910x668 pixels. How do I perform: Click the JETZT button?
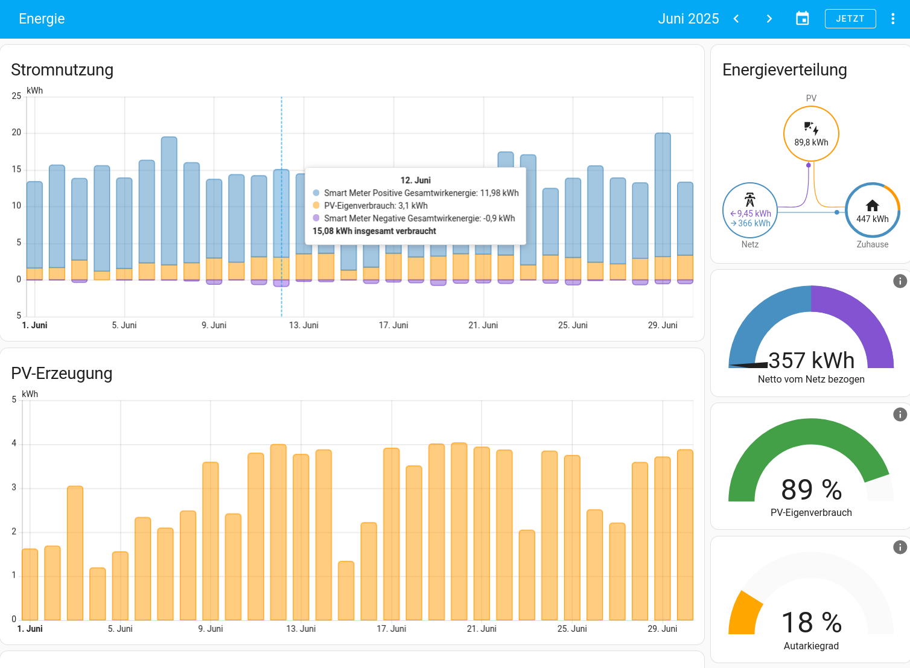click(x=850, y=19)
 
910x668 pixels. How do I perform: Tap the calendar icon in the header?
click(x=803, y=19)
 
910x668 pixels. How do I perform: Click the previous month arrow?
click(x=736, y=19)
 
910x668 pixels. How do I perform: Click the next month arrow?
click(x=769, y=19)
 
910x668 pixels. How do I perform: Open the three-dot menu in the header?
click(x=892, y=19)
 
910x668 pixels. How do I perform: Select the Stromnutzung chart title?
click(x=62, y=69)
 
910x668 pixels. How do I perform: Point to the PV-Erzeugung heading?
click(x=62, y=373)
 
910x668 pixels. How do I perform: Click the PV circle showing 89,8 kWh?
click(x=811, y=134)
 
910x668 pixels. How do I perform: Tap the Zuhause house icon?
click(x=872, y=205)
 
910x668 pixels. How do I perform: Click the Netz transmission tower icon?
click(x=749, y=200)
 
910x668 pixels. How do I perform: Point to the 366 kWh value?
click(x=754, y=223)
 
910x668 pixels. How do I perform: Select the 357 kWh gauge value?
click(x=811, y=360)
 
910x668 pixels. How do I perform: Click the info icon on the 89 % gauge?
click(x=900, y=415)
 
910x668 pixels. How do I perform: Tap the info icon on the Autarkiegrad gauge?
click(x=900, y=547)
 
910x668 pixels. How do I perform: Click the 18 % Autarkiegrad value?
click(x=811, y=622)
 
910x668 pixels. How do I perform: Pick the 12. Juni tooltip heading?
click(x=415, y=180)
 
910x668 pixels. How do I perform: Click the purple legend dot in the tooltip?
click(x=316, y=218)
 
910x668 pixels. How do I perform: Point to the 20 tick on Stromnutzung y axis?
click(x=16, y=133)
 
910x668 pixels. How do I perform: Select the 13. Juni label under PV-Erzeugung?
click(x=301, y=629)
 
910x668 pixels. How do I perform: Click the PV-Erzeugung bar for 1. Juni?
click(x=30, y=584)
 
